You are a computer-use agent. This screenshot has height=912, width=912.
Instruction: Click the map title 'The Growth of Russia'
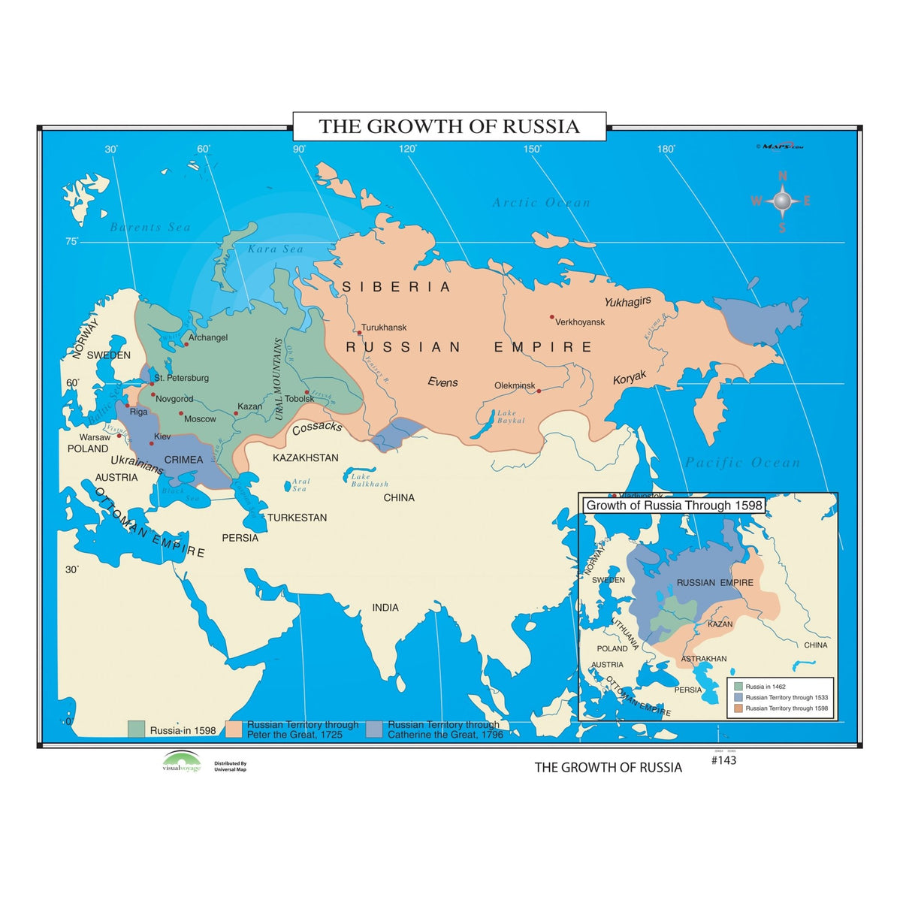pyautogui.click(x=449, y=126)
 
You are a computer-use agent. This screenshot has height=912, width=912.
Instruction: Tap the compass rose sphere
pyautogui.click(x=782, y=201)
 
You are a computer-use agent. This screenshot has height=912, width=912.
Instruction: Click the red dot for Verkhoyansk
pyautogui.click(x=551, y=317)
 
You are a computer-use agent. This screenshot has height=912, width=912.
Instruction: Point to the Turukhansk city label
pyautogui.click(x=384, y=328)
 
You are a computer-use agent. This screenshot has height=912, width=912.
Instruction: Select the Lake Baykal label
pyautogui.click(x=509, y=416)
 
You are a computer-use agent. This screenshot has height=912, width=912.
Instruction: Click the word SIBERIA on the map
pyautogui.click(x=396, y=287)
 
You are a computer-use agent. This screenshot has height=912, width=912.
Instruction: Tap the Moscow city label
pyautogui.click(x=200, y=419)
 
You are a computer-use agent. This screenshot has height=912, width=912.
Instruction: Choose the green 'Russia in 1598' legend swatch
pyautogui.click(x=136, y=729)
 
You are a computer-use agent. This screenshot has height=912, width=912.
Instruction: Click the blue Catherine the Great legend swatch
pyautogui.click(x=375, y=729)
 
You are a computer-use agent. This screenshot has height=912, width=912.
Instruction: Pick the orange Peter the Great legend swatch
pyautogui.click(x=234, y=729)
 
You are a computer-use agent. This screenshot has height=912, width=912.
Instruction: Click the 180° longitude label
pyautogui.click(x=666, y=149)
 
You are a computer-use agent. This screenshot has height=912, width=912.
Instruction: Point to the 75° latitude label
pyautogui.click(x=71, y=241)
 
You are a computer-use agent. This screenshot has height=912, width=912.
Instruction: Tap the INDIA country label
pyautogui.click(x=385, y=607)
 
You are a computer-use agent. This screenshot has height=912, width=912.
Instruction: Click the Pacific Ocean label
pyautogui.click(x=742, y=463)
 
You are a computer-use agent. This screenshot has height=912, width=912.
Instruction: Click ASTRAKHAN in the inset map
pyautogui.click(x=704, y=659)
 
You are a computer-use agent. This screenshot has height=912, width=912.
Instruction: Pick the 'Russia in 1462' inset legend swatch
pyautogui.click(x=738, y=687)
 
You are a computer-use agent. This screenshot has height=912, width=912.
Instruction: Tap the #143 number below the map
pyautogui.click(x=723, y=760)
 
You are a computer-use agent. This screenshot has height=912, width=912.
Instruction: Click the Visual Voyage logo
pyautogui.click(x=182, y=762)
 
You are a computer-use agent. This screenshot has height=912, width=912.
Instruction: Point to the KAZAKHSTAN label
pyautogui.click(x=305, y=458)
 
